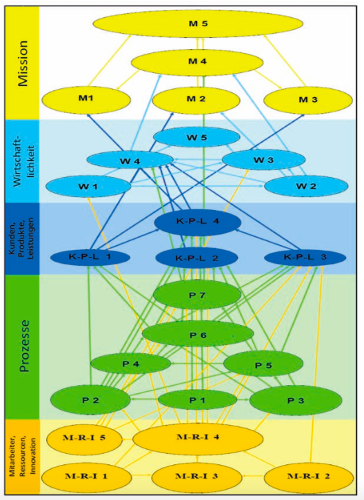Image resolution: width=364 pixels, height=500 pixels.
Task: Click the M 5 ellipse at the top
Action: pyautogui.click(x=198, y=23)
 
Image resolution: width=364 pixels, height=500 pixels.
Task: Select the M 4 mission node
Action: pyautogui.click(x=197, y=62)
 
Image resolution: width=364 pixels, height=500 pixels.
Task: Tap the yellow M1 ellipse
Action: pyautogui.click(x=86, y=99)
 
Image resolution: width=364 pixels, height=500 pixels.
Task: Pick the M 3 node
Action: pyautogui.click(x=307, y=100)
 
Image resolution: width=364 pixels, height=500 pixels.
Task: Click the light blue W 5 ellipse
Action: pyautogui.click(x=196, y=138)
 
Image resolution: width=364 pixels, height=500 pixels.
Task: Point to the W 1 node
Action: pyautogui.click(x=88, y=186)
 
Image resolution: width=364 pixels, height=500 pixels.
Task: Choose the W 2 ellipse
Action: pyautogui.click(x=306, y=186)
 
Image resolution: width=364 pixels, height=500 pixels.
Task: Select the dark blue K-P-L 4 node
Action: pyautogui.click(x=198, y=222)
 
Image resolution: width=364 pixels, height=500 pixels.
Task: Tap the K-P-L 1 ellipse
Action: pyautogui.click(x=90, y=257)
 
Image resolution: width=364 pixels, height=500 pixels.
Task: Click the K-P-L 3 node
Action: pyautogui.click(x=305, y=257)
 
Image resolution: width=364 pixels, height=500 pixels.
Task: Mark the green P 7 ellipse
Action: pyautogui.click(x=197, y=295)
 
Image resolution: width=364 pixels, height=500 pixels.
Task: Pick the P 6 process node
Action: pyautogui.click(x=198, y=335)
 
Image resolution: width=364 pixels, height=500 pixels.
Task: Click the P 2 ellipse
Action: pyautogui.click(x=90, y=400)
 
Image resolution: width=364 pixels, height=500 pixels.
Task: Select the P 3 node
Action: pyautogui.click(x=296, y=400)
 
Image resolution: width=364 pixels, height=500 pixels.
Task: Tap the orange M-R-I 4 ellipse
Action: pyautogui.click(x=198, y=439)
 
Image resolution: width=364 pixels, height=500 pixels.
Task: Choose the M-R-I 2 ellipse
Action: pyautogui.click(x=308, y=477)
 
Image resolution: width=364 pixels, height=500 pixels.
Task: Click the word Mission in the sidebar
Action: pyautogui.click(x=23, y=63)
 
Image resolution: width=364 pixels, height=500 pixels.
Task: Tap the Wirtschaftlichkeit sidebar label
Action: pyautogui.click(x=22, y=162)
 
